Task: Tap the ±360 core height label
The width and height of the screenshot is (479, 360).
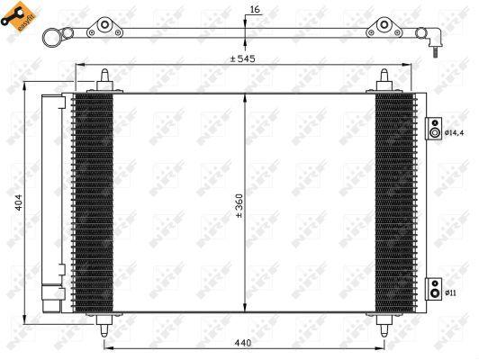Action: coord(239,206)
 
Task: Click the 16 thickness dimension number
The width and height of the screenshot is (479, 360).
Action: coord(254,8)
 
